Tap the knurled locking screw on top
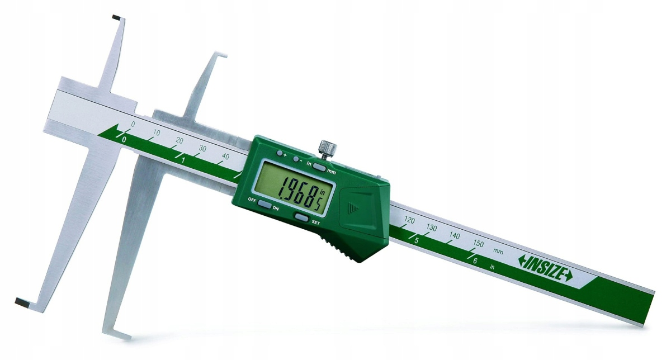327,149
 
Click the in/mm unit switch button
319,166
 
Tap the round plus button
280,153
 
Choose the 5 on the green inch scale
417,240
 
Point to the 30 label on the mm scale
202,149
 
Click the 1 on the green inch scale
183,160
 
